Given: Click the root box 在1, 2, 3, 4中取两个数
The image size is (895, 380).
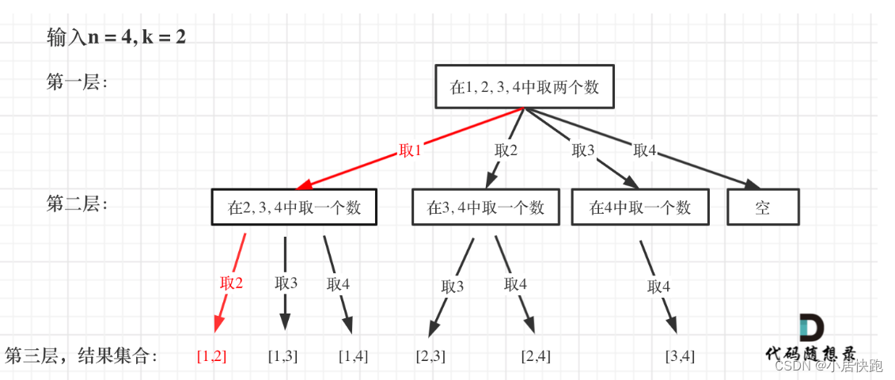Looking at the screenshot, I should click(524, 86).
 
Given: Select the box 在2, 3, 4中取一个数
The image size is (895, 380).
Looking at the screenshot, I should click(294, 207).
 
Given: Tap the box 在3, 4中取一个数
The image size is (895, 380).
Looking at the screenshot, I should click(485, 207).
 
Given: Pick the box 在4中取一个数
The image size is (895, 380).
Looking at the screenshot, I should click(640, 207).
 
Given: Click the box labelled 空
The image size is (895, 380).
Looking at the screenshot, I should click(763, 207).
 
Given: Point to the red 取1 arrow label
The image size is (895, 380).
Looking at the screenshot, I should click(410, 150).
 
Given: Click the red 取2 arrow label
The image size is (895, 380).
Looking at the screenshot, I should click(232, 283).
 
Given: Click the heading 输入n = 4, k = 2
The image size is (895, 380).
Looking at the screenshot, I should click(116, 36).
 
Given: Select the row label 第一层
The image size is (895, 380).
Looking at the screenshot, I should click(77, 82).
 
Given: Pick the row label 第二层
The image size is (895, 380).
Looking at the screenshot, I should click(77, 204).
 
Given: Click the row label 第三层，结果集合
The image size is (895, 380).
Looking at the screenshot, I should click(82, 355).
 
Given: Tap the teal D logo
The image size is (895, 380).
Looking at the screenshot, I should click(811, 328).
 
